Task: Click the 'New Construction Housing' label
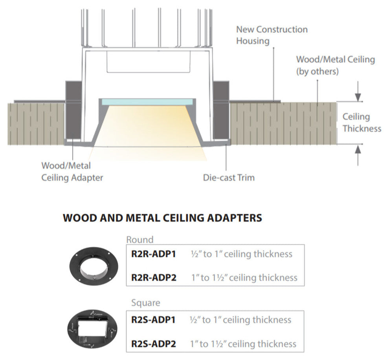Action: click(272, 35)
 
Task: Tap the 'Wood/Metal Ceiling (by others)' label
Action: click(335, 65)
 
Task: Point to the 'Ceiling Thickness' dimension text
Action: click(361, 123)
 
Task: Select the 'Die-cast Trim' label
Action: click(229, 178)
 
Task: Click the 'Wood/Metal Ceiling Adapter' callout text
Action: click(72, 172)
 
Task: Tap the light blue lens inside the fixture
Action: click(147, 101)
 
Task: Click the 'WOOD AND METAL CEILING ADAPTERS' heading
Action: click(162, 218)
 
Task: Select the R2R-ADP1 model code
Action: click(153, 254)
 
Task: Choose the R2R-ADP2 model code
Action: click(154, 277)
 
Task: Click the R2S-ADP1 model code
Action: click(153, 320)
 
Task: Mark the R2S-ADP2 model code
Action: click(153, 344)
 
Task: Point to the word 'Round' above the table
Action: click(140, 239)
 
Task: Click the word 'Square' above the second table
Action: click(145, 303)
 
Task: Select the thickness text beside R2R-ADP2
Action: click(244, 277)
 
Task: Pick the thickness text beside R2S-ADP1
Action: click(240, 320)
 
